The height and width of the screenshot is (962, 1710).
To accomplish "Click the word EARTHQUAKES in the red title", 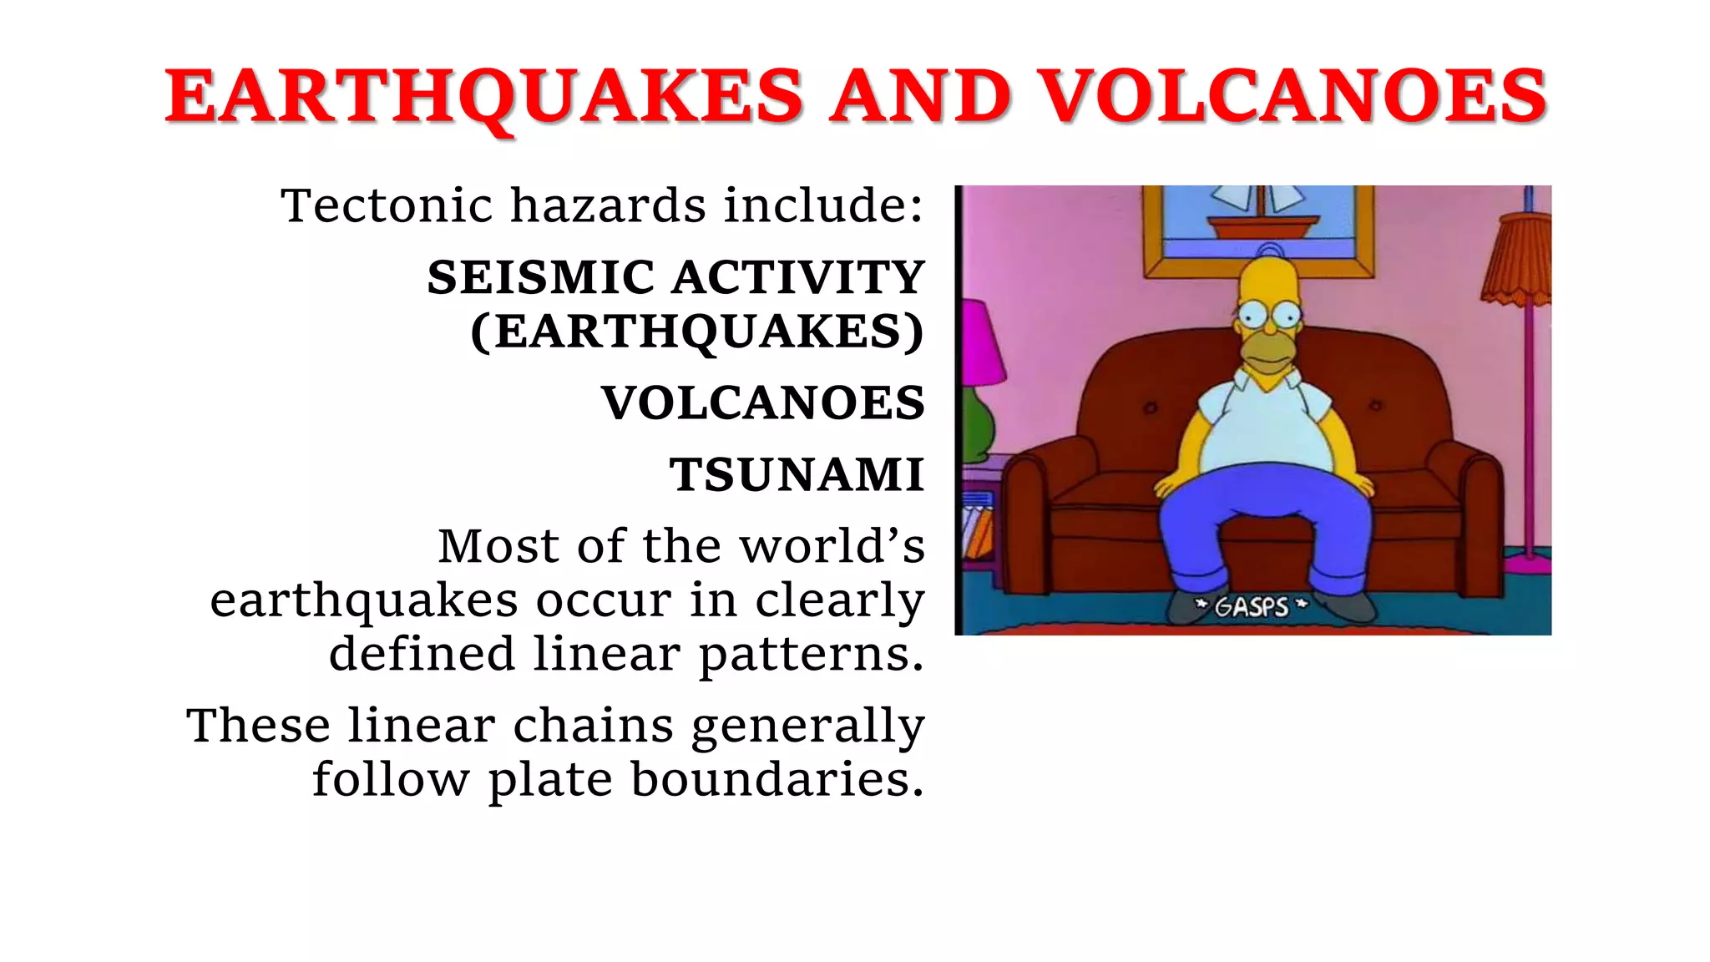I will click(x=484, y=97).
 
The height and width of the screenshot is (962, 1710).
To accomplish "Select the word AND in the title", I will click(x=920, y=97).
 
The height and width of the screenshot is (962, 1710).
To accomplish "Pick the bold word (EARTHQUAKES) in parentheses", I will click(x=697, y=332).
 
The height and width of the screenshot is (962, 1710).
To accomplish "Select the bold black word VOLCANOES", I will click(x=763, y=403).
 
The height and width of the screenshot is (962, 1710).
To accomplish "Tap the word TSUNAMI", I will click(x=797, y=475).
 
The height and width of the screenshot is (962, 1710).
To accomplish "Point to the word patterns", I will click(x=812, y=654).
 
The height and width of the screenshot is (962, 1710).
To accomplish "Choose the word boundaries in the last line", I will click(x=777, y=779).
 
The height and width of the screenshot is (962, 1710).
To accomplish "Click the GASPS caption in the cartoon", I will click(x=1251, y=605).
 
